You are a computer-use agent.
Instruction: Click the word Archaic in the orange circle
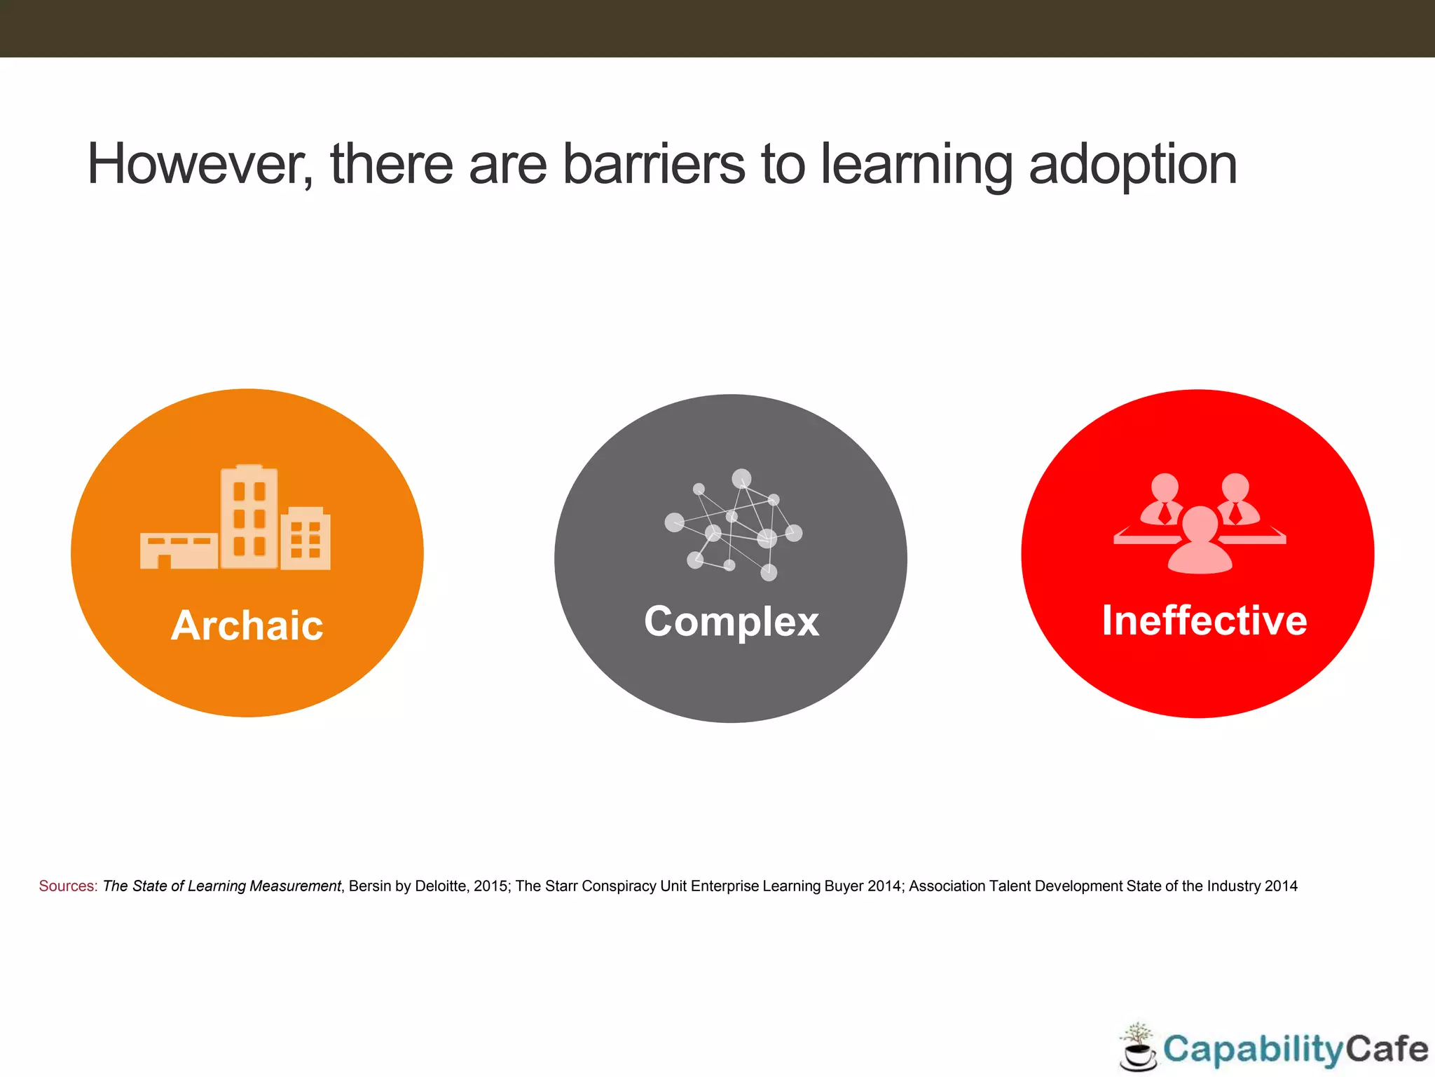(x=247, y=625)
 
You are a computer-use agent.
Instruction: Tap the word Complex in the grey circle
(x=732, y=621)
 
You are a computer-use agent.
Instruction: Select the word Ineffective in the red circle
(x=1204, y=620)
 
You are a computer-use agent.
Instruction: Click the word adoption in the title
(x=1132, y=165)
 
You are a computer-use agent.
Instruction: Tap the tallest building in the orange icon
(x=249, y=517)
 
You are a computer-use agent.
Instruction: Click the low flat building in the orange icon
(x=179, y=550)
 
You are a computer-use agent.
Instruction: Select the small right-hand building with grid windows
(x=305, y=538)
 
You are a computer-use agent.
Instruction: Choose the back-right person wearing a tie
(x=1235, y=499)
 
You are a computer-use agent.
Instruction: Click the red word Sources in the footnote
(x=68, y=886)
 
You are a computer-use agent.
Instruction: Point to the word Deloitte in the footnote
(x=441, y=886)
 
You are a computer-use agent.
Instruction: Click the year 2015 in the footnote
(x=490, y=886)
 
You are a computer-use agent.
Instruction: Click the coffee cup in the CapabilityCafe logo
(x=1138, y=1055)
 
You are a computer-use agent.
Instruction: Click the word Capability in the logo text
(x=1253, y=1050)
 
